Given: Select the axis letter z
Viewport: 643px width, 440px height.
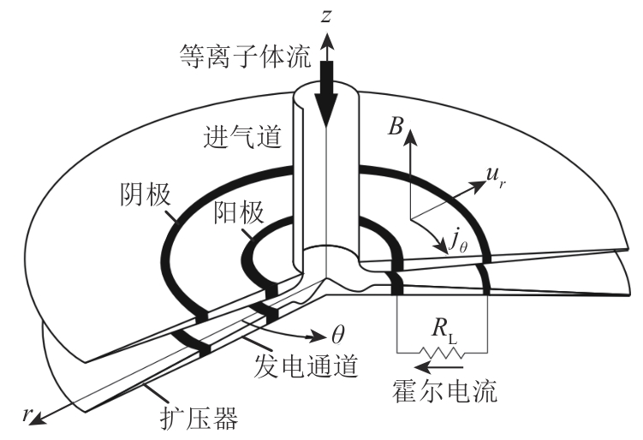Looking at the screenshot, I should click(326, 14).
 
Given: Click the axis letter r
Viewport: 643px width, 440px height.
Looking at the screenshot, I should click(31, 412).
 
